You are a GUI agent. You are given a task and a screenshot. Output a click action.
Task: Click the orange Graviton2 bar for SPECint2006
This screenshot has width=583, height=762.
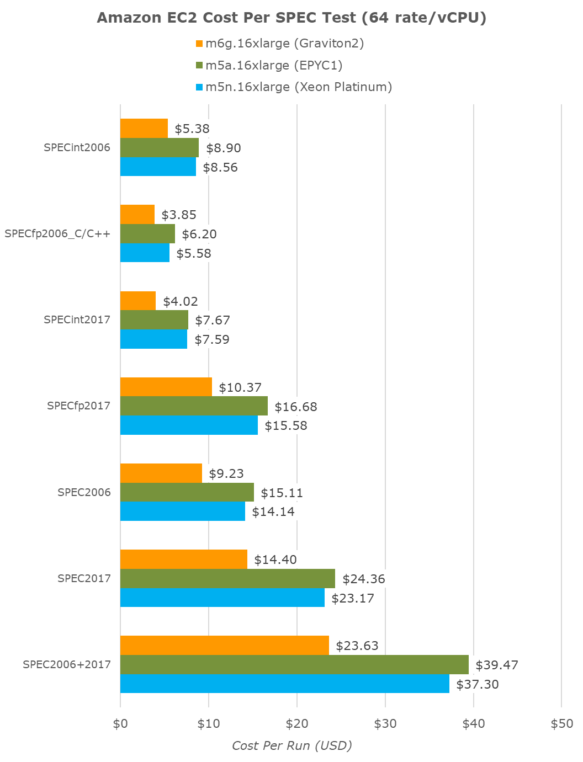[x=144, y=129]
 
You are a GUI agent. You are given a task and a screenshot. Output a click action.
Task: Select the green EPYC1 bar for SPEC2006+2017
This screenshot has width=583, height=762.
[x=294, y=665]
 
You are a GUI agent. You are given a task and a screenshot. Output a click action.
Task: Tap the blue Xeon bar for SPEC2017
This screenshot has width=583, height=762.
[x=222, y=598]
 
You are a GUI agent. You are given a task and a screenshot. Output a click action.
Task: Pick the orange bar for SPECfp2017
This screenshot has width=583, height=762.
[x=166, y=387]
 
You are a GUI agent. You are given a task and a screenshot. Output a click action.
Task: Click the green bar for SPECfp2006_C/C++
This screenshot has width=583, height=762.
[x=147, y=234]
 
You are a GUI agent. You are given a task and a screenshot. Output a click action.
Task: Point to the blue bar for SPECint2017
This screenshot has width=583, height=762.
[x=153, y=339]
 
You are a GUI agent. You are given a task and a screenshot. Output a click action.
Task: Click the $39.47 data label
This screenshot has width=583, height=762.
[x=496, y=665]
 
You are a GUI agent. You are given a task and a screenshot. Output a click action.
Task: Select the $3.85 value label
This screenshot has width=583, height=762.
[x=179, y=215]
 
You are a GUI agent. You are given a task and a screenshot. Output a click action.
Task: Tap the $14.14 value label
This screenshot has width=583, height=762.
[x=273, y=511]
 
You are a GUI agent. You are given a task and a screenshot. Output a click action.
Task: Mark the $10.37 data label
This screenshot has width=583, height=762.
[x=240, y=387]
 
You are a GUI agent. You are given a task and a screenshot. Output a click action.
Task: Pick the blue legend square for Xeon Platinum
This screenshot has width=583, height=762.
[x=200, y=87]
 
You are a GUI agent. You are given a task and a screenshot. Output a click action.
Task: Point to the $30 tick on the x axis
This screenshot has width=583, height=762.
[x=385, y=724]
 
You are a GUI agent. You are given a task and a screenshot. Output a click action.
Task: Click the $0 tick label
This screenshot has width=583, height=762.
[x=120, y=724]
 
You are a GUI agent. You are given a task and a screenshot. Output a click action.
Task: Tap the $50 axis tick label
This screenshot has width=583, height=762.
[x=561, y=724]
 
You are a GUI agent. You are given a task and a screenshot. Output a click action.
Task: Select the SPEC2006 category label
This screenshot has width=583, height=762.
[x=84, y=492]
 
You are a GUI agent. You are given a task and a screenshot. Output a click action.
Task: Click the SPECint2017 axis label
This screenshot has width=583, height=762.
[x=77, y=319]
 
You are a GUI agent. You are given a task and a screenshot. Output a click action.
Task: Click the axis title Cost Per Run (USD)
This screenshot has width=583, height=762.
[x=291, y=746]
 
